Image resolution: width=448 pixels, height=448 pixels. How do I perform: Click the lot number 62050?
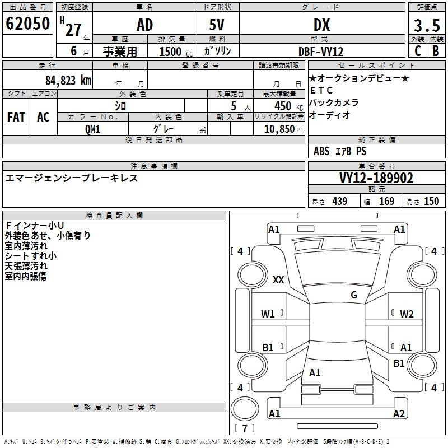[27, 24]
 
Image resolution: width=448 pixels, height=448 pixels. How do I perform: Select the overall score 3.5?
[427, 25]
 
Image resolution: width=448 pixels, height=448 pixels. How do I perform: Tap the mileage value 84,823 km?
[68, 80]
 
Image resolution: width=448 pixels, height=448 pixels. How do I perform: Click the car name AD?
[144, 25]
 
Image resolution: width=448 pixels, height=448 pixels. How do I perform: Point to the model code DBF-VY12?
[321, 52]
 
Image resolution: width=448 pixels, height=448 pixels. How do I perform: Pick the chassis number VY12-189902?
[376, 178]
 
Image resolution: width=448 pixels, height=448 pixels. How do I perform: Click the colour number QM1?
[92, 129]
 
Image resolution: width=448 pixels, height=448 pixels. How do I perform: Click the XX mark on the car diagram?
[278, 279]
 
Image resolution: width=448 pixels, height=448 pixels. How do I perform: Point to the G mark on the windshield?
[354, 295]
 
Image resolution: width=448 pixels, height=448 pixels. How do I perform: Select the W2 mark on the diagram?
[407, 314]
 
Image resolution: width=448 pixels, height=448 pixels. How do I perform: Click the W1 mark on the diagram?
[268, 314]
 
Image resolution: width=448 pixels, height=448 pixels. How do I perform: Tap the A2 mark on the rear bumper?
[399, 413]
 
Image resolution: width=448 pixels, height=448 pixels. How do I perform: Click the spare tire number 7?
[245, 428]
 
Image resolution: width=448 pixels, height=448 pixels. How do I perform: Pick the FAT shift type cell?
[16, 117]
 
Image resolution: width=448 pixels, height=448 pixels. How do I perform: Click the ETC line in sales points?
[321, 90]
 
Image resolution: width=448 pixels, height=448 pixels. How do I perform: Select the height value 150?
[431, 201]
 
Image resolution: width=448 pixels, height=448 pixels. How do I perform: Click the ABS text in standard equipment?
[321, 151]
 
